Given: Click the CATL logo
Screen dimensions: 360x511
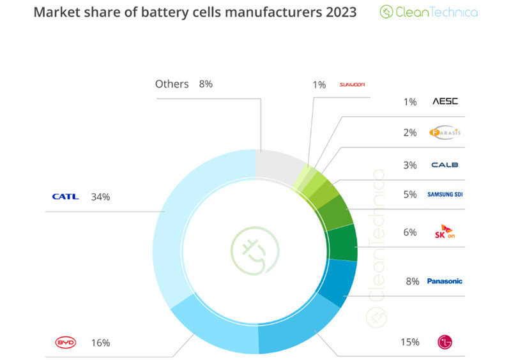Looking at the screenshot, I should [65, 197].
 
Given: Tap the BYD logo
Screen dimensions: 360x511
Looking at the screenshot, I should [65, 343].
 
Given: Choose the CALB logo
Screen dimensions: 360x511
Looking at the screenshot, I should [445, 165].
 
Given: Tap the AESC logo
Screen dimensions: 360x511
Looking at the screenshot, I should [445, 101].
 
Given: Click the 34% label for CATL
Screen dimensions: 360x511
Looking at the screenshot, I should [100, 197].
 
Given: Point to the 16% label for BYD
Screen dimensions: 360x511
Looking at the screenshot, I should [100, 343].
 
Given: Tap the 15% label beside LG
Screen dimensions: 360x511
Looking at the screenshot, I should [409, 342].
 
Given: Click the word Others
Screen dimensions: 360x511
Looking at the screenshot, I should [172, 84].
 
